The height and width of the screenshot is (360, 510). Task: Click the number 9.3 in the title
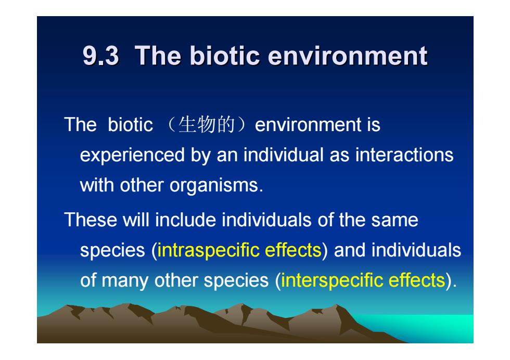[x=101, y=56]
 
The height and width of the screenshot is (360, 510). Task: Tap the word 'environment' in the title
[x=348, y=56]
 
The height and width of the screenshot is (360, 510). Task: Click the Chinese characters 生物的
[x=207, y=124]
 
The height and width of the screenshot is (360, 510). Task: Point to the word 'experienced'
[x=132, y=156]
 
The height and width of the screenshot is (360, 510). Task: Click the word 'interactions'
[x=404, y=155]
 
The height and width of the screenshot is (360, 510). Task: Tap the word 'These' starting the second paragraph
[x=91, y=220]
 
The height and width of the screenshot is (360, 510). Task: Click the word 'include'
[x=185, y=220]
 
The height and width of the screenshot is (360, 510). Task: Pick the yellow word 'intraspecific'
[x=208, y=251]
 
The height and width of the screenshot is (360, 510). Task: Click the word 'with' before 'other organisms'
[x=97, y=185]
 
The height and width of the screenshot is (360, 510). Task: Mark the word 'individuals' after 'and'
[x=416, y=250]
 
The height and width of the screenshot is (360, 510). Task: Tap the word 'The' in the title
[x=158, y=56]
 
